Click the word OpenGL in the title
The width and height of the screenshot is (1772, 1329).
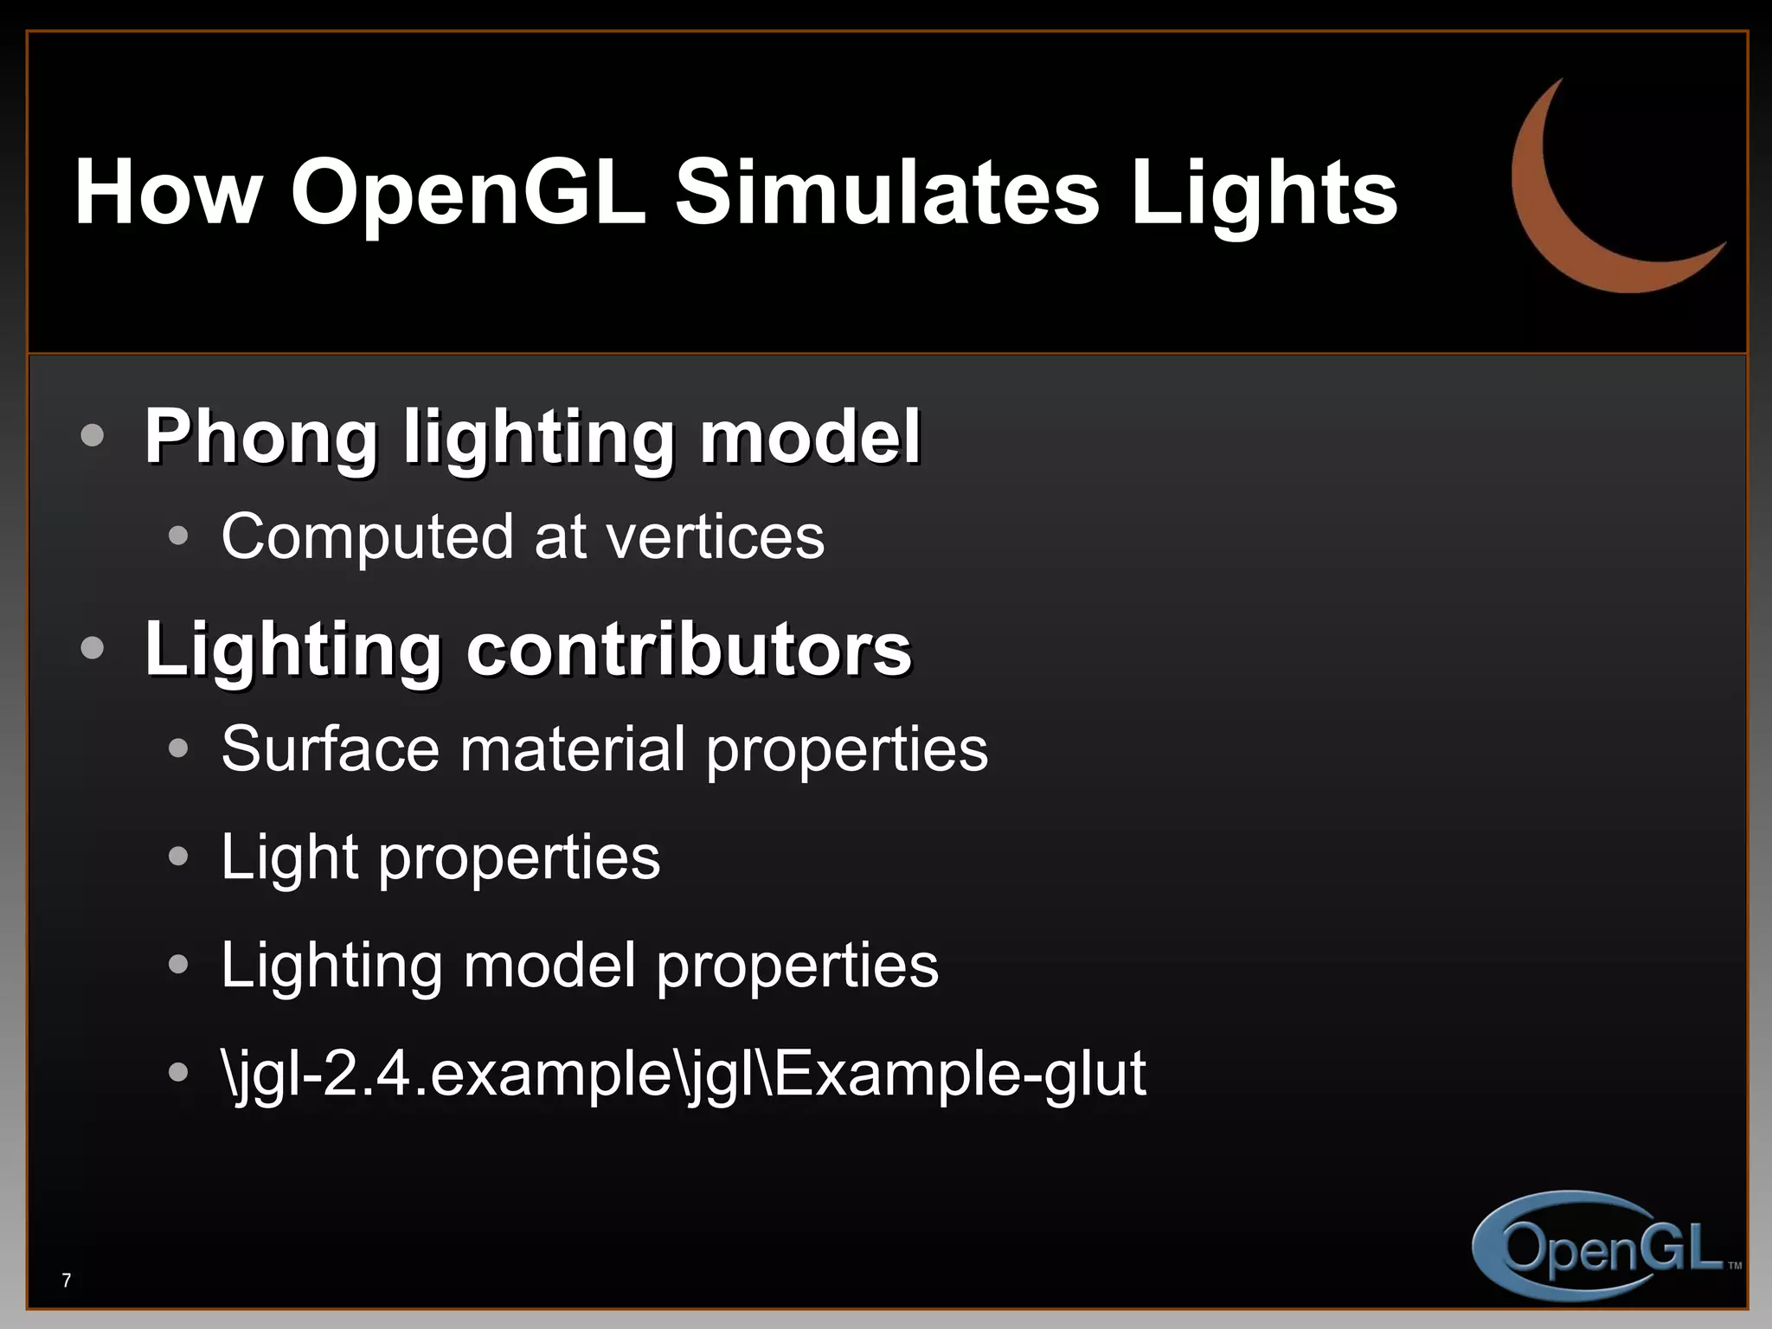point(468,194)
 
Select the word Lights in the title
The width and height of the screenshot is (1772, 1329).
point(1264,194)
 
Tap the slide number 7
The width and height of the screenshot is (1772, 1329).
point(67,1281)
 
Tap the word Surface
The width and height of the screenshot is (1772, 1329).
point(330,749)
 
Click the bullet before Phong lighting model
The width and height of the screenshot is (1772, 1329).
point(93,435)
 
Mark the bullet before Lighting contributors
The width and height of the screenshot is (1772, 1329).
point(93,648)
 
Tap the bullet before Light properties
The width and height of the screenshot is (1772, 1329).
point(178,857)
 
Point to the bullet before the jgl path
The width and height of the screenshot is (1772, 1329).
point(178,1072)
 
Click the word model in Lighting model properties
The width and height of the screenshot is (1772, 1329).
point(549,966)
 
